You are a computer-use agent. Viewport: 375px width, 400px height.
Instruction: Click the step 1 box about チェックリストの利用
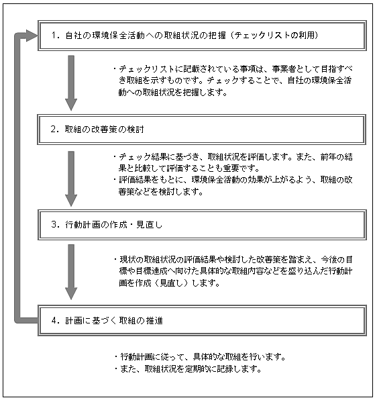(x=202, y=36)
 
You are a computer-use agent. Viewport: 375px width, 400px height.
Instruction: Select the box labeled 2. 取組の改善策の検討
(x=202, y=130)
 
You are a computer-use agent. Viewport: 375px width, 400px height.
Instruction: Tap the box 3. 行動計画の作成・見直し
(x=202, y=225)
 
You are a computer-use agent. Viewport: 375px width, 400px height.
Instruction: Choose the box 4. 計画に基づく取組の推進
(x=202, y=320)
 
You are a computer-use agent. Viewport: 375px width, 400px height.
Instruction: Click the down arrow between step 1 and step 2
(x=71, y=83)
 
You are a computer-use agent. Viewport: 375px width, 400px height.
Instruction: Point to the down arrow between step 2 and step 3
(x=71, y=179)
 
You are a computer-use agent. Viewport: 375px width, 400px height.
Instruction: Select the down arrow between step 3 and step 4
(x=71, y=272)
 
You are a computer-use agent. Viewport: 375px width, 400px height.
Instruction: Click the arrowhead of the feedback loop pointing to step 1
(x=32, y=36)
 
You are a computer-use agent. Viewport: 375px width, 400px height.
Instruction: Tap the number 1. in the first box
(x=55, y=35)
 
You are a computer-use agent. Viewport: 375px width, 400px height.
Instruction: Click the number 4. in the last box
(x=55, y=320)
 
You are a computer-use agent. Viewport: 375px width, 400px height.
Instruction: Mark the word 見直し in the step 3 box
(x=150, y=224)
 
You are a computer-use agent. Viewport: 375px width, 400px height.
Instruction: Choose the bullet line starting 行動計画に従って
(x=200, y=357)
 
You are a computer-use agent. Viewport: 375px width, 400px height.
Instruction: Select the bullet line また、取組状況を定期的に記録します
(x=188, y=369)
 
